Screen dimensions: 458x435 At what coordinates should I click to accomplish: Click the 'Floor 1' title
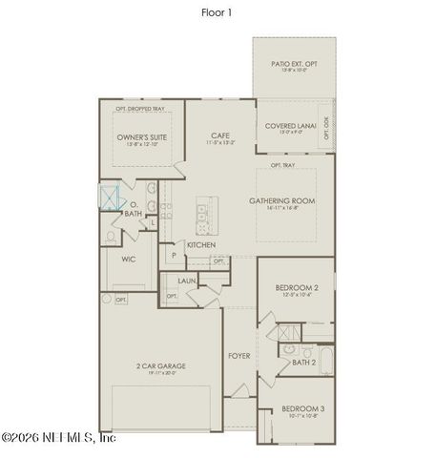(x=217, y=12)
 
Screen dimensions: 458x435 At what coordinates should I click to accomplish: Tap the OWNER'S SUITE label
(x=142, y=138)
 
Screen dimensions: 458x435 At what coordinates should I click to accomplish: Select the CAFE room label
(x=220, y=137)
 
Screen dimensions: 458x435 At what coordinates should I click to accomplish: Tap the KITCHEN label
(x=201, y=245)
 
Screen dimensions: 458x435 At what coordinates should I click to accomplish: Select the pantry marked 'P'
(x=174, y=255)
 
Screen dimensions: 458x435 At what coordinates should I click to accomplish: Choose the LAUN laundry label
(x=187, y=281)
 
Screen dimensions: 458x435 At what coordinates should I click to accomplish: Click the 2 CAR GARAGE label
(x=160, y=366)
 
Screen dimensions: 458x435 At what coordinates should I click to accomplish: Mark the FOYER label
(x=238, y=355)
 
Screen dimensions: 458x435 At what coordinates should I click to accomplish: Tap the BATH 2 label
(x=304, y=362)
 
